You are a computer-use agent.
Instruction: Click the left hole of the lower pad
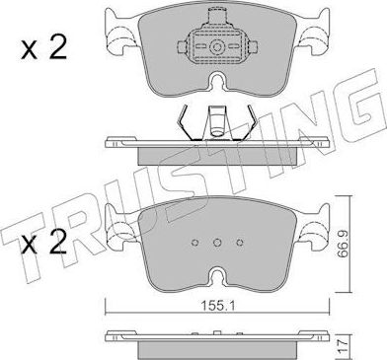tap(191, 242)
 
